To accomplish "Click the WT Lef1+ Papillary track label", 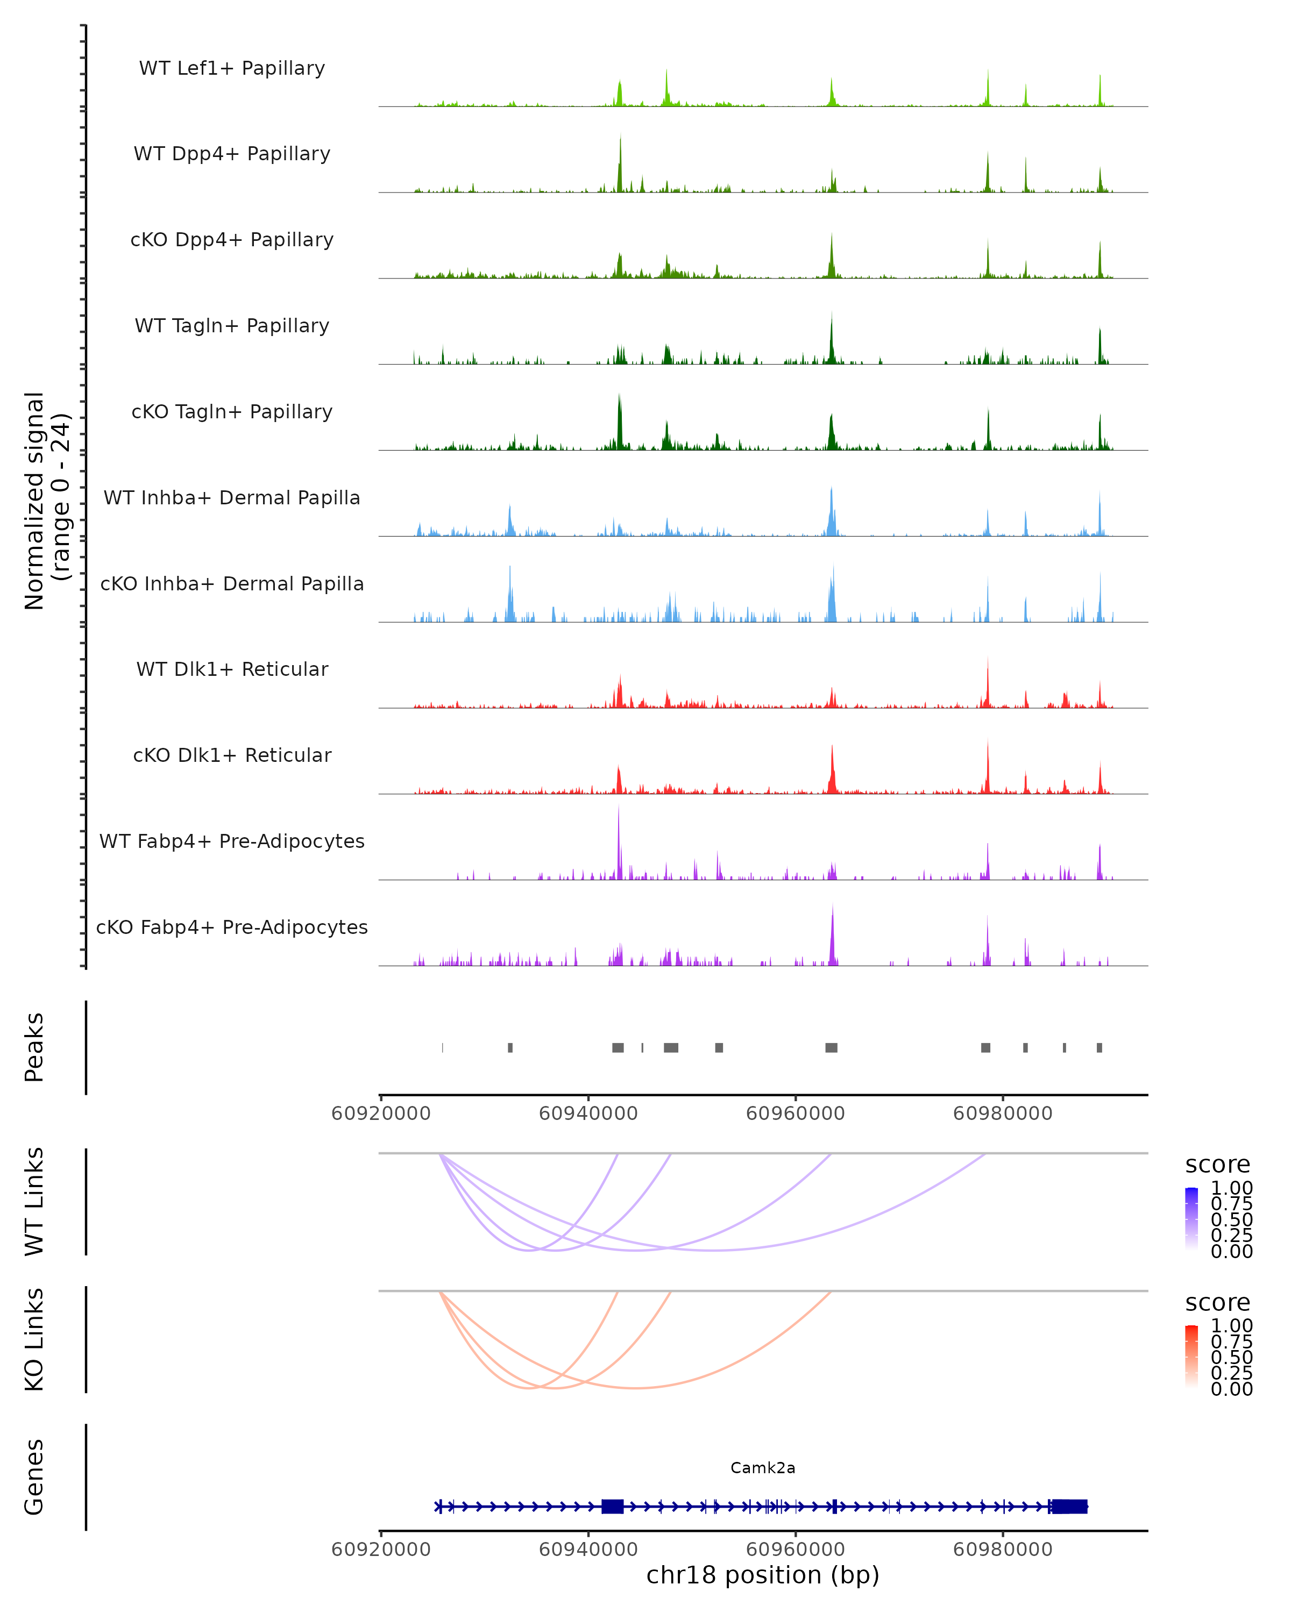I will click(232, 68).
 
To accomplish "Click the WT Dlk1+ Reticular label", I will click(232, 669).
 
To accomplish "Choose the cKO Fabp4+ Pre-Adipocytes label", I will click(232, 927).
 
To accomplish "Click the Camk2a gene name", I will click(763, 1468).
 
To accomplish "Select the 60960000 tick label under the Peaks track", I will click(796, 1114).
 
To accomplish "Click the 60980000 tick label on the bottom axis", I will click(1003, 1550).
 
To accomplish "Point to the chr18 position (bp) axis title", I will click(763, 1575).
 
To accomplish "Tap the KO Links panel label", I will click(34, 1339).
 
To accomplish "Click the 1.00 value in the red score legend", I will click(1232, 1326).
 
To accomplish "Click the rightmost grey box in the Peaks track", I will click(1100, 1047).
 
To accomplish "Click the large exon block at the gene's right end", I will click(1069, 1507).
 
